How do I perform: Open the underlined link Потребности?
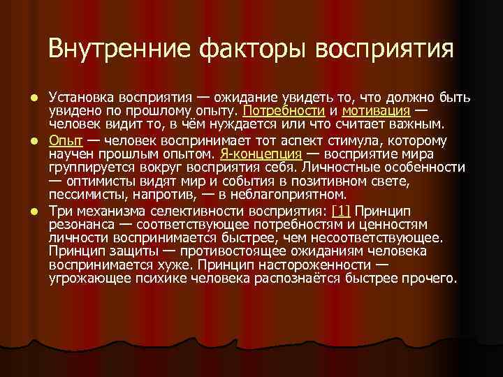coord(284,111)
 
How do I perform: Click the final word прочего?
coord(431,279)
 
